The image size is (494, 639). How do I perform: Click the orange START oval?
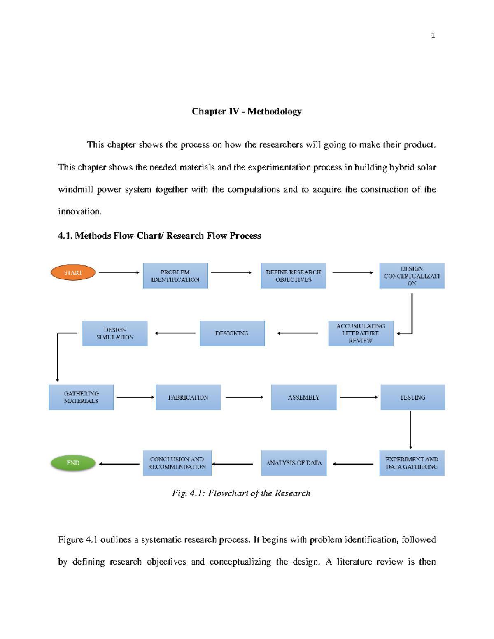pyautogui.click(x=73, y=272)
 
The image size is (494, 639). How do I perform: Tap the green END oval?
pyautogui.click(x=73, y=463)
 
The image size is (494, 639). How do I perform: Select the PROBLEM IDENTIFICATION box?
pyautogui.click(x=175, y=276)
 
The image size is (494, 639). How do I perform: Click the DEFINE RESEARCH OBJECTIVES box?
pyautogui.click(x=293, y=276)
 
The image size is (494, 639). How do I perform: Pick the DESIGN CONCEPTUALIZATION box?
pyautogui.click(x=412, y=276)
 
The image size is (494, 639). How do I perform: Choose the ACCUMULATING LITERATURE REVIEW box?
pyautogui.click(x=361, y=333)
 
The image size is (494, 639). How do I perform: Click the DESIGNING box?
pyautogui.click(x=232, y=333)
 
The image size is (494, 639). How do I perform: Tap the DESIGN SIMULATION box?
pyautogui.click(x=115, y=333)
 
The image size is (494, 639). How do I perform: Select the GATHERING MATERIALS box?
pyautogui.click(x=81, y=397)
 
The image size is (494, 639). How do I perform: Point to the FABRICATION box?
pyautogui.click(x=188, y=397)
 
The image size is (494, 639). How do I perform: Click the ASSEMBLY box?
pyautogui.click(x=304, y=397)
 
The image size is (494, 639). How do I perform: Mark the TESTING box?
pyautogui.click(x=412, y=397)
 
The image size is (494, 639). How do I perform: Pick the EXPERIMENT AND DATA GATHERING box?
pyautogui.click(x=412, y=463)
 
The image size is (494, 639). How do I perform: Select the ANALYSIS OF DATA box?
pyautogui.click(x=294, y=463)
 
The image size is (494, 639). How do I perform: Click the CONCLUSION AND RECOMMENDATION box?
pyautogui.click(x=177, y=463)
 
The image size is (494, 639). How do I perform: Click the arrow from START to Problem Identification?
pyautogui.click(x=119, y=272)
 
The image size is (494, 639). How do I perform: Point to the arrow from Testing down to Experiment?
pyautogui.click(x=410, y=430)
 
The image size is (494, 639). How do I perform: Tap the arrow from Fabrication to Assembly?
pyautogui.click(x=244, y=397)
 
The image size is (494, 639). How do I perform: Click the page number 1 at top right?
pyautogui.click(x=433, y=35)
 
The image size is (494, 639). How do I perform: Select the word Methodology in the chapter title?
pyautogui.click(x=274, y=112)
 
